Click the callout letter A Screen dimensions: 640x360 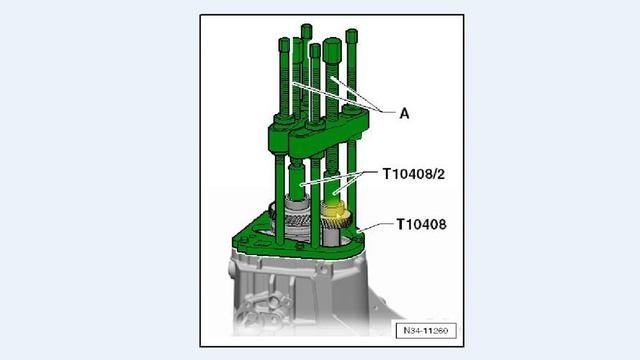click(x=404, y=113)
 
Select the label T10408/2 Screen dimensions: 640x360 click(x=413, y=174)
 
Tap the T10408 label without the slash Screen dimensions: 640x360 click(x=421, y=224)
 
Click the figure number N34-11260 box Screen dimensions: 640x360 click(x=426, y=330)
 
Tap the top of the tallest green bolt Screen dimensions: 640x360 click(x=307, y=31)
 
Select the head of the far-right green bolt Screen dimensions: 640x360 click(x=351, y=36)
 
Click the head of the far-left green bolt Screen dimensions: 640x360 click(x=284, y=44)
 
